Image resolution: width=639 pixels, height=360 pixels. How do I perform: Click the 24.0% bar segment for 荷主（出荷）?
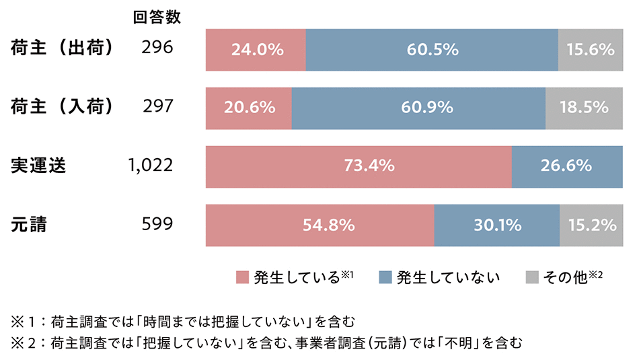pyautogui.click(x=256, y=50)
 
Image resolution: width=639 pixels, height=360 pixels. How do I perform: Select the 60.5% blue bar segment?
pyautogui.click(x=432, y=50)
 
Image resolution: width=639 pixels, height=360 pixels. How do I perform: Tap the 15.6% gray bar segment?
pyautogui.click(x=590, y=50)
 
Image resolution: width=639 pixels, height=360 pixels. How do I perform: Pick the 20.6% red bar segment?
pyautogui.click(x=248, y=108)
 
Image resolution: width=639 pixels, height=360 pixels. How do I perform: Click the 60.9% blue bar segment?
pyautogui.click(x=418, y=108)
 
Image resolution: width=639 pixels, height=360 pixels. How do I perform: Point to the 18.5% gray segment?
pyautogui.click(x=584, y=108)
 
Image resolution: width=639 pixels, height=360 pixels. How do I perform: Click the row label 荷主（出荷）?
pyautogui.click(x=62, y=48)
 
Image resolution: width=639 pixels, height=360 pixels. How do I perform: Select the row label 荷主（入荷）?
pyautogui.click(x=62, y=107)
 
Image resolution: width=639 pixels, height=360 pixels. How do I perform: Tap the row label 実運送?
pyautogui.click(x=38, y=166)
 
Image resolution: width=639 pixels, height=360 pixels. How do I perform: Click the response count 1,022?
pyautogui.click(x=150, y=166)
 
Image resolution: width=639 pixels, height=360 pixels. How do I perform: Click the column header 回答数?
pyautogui.click(x=157, y=17)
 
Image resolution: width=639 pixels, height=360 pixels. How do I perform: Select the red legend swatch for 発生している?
pyautogui.click(x=242, y=278)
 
